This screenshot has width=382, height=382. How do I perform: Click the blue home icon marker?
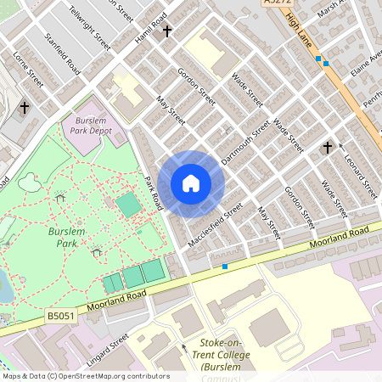click(191, 183)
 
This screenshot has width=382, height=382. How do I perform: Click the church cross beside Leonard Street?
click(327, 148)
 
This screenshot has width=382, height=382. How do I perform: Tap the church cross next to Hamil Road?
click(167, 31)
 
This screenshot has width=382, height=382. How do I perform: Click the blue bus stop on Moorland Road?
click(225, 267)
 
